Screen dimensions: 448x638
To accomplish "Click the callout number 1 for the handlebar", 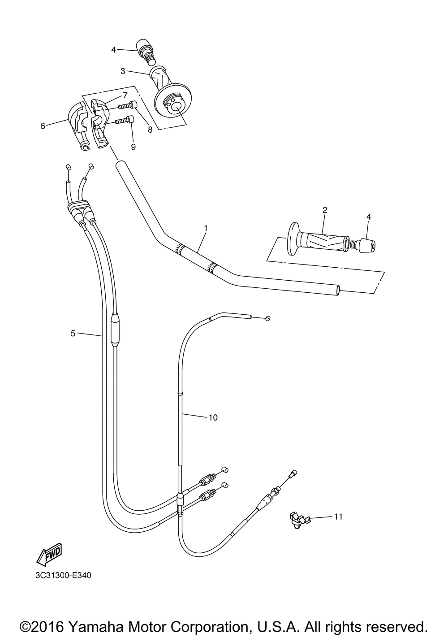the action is (206, 228).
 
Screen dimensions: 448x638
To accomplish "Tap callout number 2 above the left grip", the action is (325, 210).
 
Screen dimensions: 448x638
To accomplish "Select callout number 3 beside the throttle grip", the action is (123, 71).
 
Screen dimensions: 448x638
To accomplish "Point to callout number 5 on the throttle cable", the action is (73, 333).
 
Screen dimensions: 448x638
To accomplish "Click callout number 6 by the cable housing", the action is (43, 126).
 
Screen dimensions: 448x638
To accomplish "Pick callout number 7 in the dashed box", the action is (125, 95).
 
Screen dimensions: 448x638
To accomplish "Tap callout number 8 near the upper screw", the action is (150, 130).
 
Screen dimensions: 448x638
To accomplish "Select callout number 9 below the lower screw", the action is (133, 147).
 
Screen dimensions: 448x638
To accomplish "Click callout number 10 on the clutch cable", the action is (213, 417).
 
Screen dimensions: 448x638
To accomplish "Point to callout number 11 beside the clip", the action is (338, 516).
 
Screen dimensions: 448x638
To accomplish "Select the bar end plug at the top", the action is (146, 52).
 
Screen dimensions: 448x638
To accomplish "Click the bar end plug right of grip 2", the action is (363, 244).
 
